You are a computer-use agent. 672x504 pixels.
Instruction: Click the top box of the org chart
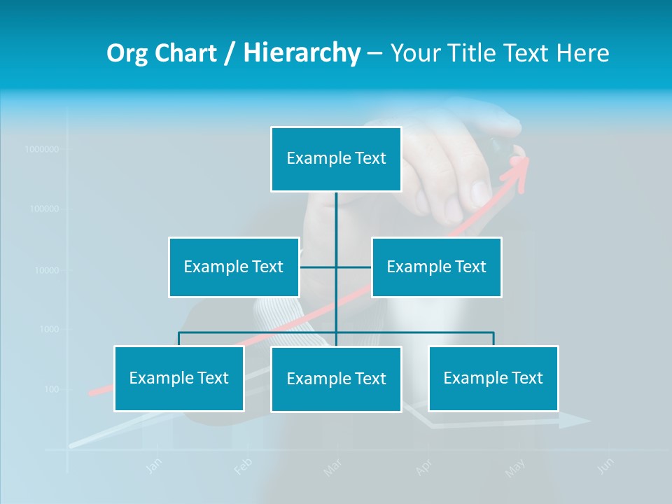coord(336,159)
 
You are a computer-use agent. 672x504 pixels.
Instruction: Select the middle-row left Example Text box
coord(234,267)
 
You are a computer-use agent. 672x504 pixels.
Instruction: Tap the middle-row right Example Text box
coord(436,267)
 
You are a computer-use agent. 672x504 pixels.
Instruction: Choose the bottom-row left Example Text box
coord(179,378)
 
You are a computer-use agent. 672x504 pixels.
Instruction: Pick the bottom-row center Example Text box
coord(336,379)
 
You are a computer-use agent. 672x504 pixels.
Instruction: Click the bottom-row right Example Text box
coord(493,378)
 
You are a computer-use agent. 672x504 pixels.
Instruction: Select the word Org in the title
coord(127,53)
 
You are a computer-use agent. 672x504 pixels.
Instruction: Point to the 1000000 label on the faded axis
coord(41,149)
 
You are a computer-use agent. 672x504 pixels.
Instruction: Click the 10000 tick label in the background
coord(47,269)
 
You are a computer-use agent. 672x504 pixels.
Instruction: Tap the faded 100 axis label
coord(52,389)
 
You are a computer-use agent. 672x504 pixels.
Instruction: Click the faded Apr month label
coord(423,467)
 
